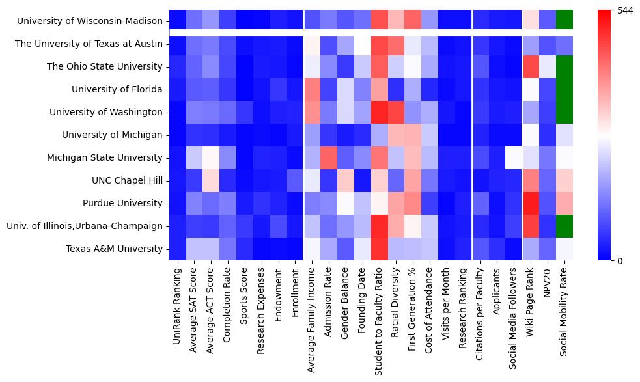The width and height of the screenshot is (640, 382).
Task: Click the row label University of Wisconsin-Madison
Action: [x=90, y=21]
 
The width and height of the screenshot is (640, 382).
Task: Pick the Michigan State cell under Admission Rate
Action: [x=329, y=157]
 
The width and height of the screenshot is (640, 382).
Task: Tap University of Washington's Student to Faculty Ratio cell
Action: [x=380, y=112]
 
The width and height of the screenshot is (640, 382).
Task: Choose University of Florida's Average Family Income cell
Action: [x=312, y=89]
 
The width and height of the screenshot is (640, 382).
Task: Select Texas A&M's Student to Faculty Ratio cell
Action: [x=380, y=249]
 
